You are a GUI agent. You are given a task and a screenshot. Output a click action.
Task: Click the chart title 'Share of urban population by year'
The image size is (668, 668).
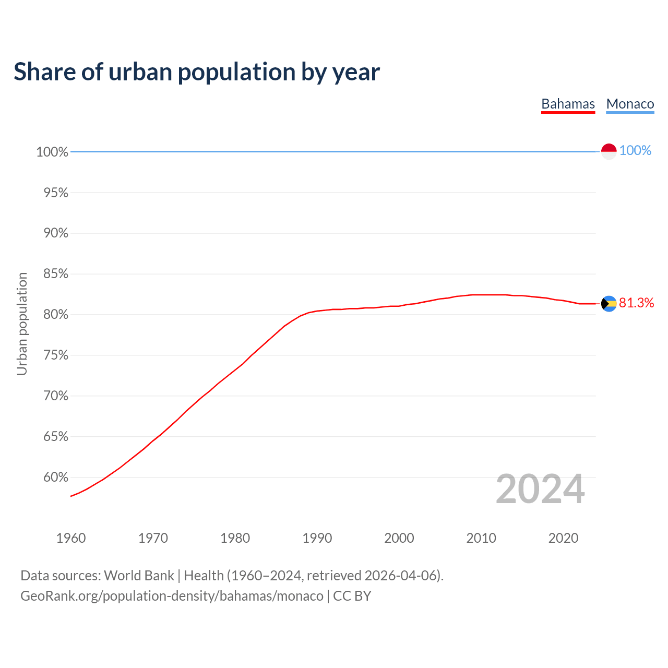pyautogui.click(x=197, y=71)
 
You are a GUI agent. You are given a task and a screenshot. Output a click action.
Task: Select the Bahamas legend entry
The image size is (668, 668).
pyautogui.click(x=568, y=104)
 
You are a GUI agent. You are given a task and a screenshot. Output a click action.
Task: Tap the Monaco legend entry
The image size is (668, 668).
pyautogui.click(x=630, y=104)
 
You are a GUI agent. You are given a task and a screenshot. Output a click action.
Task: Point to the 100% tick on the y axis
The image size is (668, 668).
pyautogui.click(x=52, y=152)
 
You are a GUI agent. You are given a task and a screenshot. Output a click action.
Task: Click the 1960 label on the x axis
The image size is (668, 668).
pyautogui.click(x=71, y=538)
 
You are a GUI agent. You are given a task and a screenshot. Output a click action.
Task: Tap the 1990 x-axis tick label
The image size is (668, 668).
pyautogui.click(x=317, y=538)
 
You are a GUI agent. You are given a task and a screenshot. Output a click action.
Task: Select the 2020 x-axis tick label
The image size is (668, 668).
pyautogui.click(x=563, y=538)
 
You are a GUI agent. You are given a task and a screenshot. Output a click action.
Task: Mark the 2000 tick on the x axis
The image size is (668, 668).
pyautogui.click(x=399, y=538)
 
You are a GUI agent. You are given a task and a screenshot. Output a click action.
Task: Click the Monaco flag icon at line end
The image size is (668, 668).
pyautogui.click(x=609, y=151)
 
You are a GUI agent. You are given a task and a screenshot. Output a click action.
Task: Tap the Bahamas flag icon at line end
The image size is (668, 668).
pyautogui.click(x=609, y=303)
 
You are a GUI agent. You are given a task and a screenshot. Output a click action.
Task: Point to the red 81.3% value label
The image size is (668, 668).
pyautogui.click(x=636, y=303)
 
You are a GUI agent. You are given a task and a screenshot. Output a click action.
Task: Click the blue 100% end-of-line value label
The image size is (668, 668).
pyautogui.click(x=635, y=150)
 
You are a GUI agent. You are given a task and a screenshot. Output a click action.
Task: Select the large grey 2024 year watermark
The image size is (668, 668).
pyautogui.click(x=540, y=489)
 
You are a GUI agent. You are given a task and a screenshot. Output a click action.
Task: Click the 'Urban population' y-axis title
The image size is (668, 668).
pyautogui.click(x=22, y=324)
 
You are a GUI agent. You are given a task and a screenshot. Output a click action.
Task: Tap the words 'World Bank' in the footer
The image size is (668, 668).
pyautogui.click(x=139, y=576)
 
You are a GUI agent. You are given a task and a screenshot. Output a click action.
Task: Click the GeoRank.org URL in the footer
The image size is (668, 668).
pyautogui.click(x=172, y=596)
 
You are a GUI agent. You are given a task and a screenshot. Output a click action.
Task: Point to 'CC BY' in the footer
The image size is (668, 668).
pyautogui.click(x=352, y=596)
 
